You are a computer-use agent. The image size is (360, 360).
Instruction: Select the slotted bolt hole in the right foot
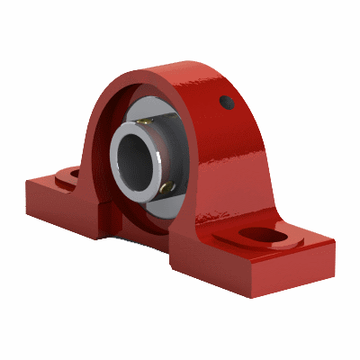(263, 236)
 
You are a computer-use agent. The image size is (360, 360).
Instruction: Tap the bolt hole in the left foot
(69, 173)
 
